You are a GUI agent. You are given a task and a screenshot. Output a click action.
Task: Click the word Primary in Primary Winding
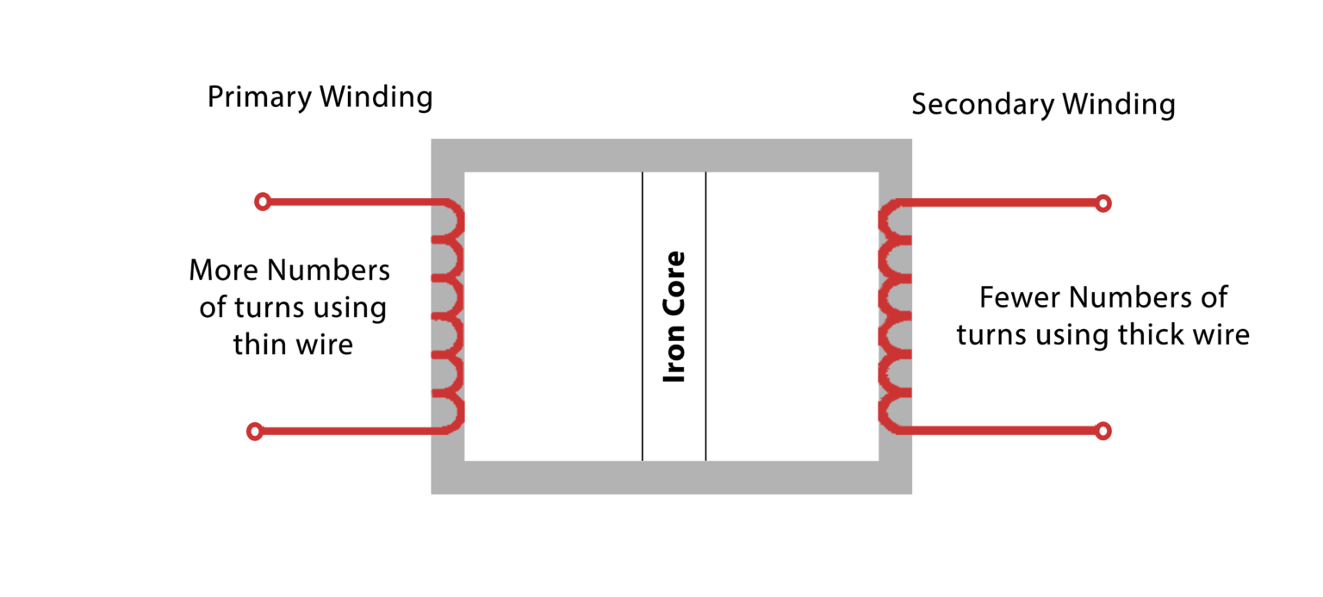[x=260, y=97]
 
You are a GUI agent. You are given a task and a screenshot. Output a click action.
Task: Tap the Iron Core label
[x=674, y=316]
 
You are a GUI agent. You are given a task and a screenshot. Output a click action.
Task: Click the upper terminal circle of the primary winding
[x=263, y=202]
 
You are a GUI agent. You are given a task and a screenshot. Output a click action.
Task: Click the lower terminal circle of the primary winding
[x=254, y=431]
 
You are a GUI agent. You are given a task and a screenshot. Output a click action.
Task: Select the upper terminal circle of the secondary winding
[x=1102, y=203]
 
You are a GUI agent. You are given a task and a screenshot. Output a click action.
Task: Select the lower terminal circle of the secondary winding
[x=1102, y=431]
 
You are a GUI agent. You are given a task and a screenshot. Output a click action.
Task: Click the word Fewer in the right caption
[x=1020, y=298]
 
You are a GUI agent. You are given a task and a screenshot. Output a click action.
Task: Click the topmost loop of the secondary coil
[x=892, y=220]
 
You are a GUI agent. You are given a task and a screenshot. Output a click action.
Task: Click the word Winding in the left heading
[x=376, y=97]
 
